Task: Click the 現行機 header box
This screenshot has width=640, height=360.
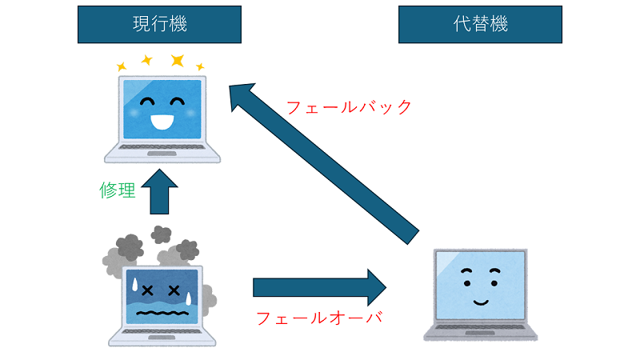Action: (x=159, y=25)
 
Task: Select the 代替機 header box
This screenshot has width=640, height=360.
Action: (x=480, y=25)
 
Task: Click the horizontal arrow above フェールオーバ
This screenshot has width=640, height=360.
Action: (x=320, y=286)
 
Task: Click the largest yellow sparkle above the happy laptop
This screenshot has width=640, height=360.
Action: (x=177, y=61)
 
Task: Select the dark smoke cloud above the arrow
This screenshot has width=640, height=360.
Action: (x=161, y=234)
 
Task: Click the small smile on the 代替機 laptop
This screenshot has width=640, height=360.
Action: (x=480, y=302)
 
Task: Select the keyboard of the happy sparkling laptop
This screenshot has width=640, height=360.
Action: (x=162, y=151)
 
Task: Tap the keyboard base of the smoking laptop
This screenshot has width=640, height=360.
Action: (x=162, y=336)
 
